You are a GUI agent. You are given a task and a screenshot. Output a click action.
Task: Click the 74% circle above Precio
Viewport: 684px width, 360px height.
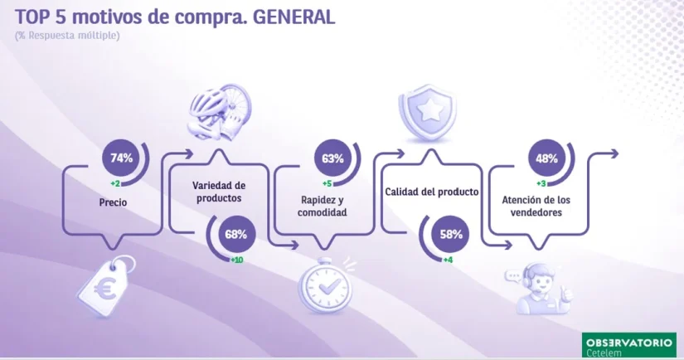pos(121,158)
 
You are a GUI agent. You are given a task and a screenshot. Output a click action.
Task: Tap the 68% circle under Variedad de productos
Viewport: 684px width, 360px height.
pos(236,234)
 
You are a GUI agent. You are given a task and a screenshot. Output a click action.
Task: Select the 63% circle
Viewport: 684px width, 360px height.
pos(332,158)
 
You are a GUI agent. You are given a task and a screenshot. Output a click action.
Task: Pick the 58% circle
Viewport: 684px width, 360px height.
pos(451,234)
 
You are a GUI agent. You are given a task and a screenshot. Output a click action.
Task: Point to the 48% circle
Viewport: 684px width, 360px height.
pos(546,158)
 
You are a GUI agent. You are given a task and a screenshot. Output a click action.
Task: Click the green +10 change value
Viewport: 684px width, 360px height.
pos(237,260)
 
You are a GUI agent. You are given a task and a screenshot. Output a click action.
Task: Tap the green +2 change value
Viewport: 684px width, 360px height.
pos(115,183)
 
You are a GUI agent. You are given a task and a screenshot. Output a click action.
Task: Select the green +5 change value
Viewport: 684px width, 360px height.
pos(327,183)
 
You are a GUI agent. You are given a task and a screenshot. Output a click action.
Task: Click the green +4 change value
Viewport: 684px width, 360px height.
pos(448,260)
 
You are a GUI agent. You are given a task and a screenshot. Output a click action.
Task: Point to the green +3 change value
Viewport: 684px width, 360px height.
pos(541,183)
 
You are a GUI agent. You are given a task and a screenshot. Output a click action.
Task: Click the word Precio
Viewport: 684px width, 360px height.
pos(113,202)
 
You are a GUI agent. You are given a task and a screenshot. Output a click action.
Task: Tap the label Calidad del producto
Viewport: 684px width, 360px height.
pos(431,192)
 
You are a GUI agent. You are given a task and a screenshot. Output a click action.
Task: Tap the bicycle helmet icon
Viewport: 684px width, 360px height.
pos(220,111)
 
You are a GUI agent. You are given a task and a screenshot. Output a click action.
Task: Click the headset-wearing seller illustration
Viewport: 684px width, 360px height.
pos(540,289)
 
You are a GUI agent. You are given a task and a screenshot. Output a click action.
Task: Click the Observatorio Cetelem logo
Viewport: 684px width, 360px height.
pos(628,345)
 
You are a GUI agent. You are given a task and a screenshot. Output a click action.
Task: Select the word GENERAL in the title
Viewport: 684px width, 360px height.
pos(294,17)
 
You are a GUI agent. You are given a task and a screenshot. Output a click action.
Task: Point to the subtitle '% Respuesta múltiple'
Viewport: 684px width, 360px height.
pos(67,36)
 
